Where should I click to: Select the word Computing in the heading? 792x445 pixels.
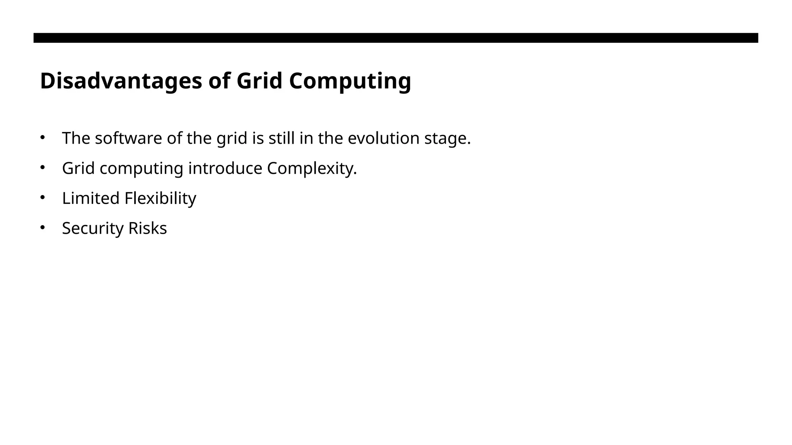pos(350,82)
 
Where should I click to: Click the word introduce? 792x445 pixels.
pos(225,168)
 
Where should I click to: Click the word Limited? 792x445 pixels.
pos(91,198)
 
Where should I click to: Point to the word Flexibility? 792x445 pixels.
pos(160,199)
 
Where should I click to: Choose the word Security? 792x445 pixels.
pos(93,228)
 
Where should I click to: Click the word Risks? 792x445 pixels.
pos(147,228)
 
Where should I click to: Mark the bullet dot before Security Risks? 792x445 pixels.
pos(43,227)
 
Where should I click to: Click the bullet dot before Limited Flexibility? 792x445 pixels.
pos(43,197)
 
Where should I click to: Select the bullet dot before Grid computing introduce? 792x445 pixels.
pos(43,167)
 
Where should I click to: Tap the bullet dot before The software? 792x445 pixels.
pos(43,137)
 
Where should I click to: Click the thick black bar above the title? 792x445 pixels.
pos(396,38)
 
